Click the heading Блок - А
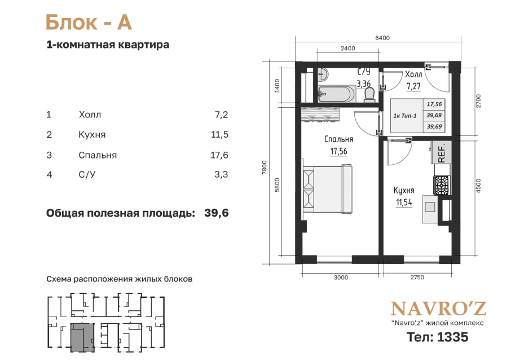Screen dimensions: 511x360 coord(89,23)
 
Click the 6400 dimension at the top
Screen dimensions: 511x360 coord(382,38)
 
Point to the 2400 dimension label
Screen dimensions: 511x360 coord(348,49)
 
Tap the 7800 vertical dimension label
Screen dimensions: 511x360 coord(265,167)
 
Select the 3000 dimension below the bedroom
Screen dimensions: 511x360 coord(341,278)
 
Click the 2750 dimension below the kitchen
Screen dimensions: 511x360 coord(417,278)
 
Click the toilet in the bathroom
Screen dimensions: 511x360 coord(369,95)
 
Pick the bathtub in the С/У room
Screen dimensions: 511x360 coord(337,94)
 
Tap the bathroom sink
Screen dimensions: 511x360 coord(323,74)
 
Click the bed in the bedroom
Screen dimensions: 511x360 coord(328,189)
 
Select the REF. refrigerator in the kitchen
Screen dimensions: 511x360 coord(441,152)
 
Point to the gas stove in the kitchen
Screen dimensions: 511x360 coord(442,185)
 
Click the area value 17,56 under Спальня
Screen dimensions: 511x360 coord(338,151)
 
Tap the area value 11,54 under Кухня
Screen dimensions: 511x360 coord(404,203)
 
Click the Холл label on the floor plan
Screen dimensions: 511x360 coord(413,74)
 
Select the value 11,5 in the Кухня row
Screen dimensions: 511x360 coord(219,134)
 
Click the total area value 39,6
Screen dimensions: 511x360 coord(217,213)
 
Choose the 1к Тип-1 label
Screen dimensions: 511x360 coord(405,116)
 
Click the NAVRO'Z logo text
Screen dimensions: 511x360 coord(438,309)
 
